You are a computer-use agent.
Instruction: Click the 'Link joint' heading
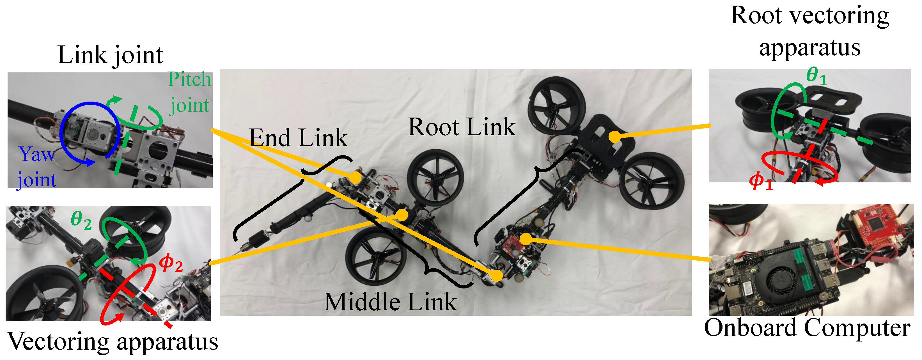[x=110, y=56]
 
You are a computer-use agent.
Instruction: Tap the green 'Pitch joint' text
[x=189, y=92]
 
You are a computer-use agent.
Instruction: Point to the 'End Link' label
[x=298, y=138]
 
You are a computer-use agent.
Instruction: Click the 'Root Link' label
[x=462, y=127]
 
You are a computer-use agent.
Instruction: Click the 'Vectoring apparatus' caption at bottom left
[x=113, y=342]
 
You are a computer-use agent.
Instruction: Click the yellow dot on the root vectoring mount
[x=614, y=136]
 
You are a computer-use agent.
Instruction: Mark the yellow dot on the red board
[x=526, y=239]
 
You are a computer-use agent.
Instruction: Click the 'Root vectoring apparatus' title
[x=809, y=31]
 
